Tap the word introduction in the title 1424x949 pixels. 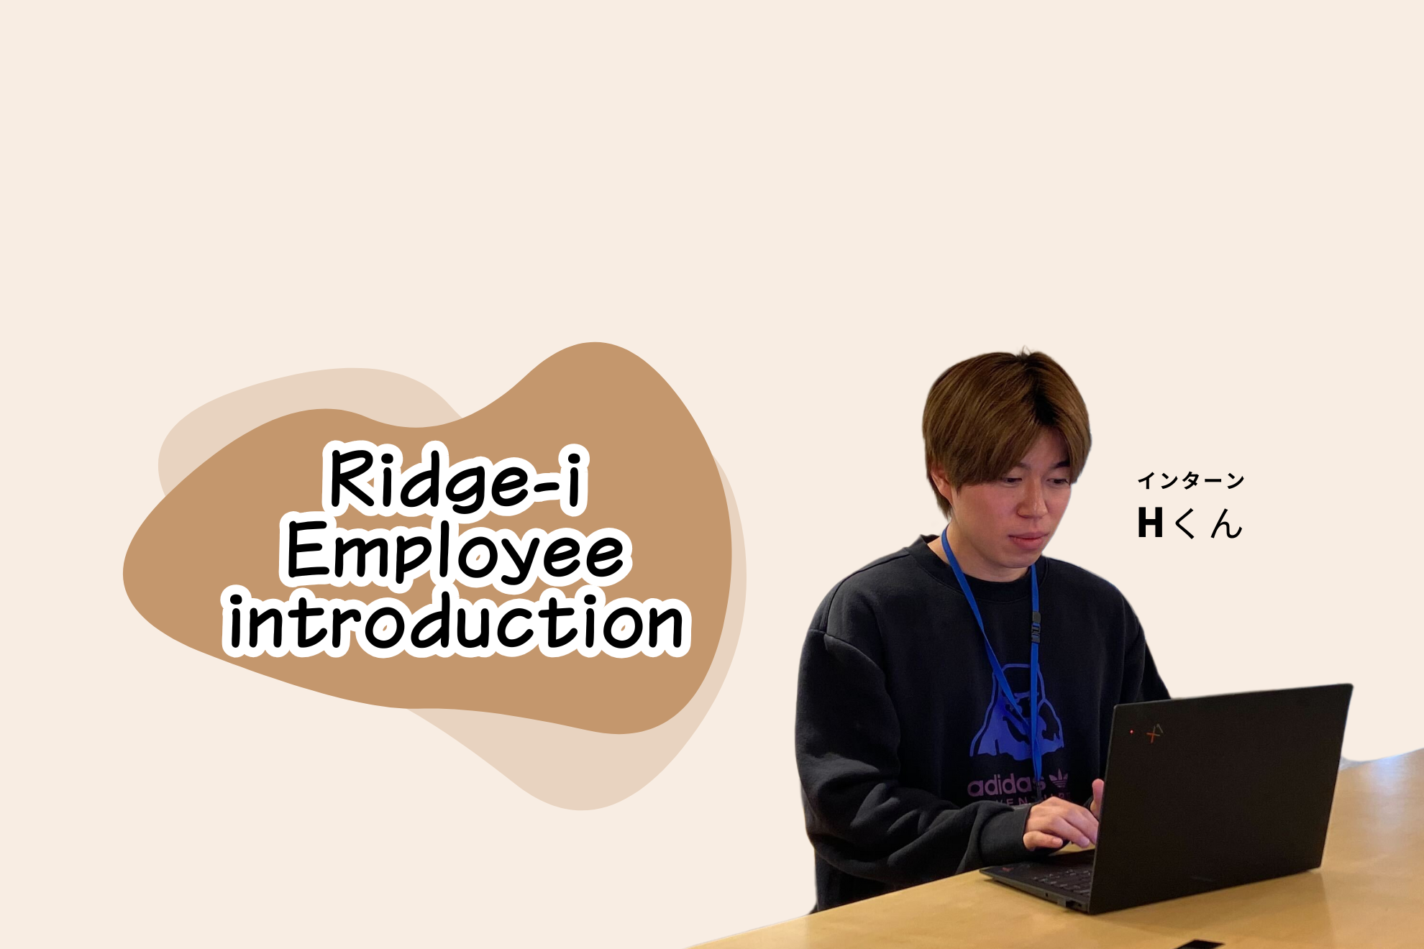point(456,623)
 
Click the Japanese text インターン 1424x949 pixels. point(1190,481)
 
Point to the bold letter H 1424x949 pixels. point(1150,523)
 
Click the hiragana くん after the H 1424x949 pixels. point(1208,523)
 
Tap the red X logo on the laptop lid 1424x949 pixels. point(1155,733)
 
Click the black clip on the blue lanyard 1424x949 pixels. point(1036,628)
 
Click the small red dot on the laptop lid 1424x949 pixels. point(1132,731)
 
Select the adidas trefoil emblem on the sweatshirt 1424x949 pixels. point(1058,780)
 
